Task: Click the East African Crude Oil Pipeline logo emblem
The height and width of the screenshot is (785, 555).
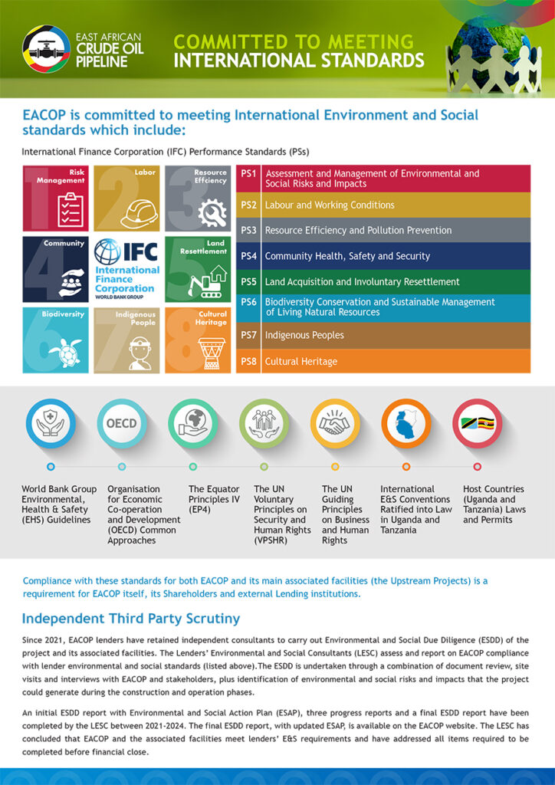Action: [x=46, y=49]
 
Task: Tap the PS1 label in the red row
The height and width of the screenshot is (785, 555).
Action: [x=248, y=174]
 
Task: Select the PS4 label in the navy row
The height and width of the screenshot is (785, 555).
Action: [x=248, y=256]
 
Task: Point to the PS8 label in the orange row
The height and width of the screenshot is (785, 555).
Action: [x=248, y=361]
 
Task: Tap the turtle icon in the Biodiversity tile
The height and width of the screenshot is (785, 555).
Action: [x=65, y=353]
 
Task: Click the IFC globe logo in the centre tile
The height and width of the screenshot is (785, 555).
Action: [x=107, y=252]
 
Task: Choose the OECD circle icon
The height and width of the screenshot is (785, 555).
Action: [x=121, y=423]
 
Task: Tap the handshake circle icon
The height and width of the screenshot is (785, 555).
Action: [x=335, y=423]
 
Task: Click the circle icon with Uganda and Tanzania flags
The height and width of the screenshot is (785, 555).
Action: [x=477, y=423]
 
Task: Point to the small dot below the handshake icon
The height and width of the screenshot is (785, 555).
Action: [x=335, y=466]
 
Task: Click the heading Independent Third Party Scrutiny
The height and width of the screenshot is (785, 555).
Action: [x=131, y=618]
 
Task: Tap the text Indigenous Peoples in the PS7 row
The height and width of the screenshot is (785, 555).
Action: [x=304, y=335]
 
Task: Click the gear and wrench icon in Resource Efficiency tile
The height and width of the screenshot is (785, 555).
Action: [x=211, y=212]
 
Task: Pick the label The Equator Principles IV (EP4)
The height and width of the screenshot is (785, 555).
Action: [x=214, y=499]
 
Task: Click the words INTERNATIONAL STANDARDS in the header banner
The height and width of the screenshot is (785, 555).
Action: [x=299, y=60]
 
